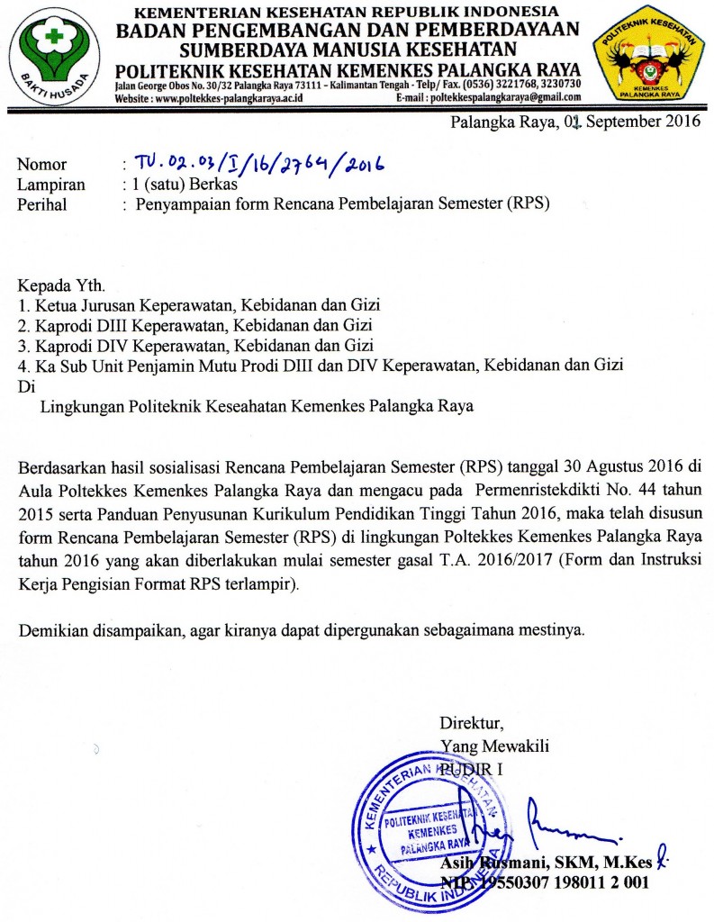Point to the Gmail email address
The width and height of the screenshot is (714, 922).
[505, 97]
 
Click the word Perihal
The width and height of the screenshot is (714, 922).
[42, 203]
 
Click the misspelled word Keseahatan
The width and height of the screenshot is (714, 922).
[249, 406]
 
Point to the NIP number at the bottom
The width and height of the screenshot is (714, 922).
[544, 883]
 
